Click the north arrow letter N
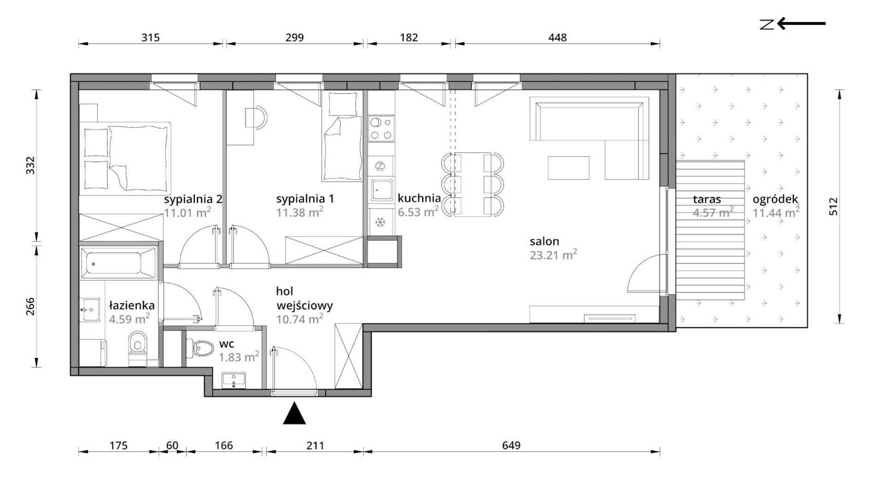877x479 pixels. (x=767, y=24)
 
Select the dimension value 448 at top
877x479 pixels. (x=557, y=37)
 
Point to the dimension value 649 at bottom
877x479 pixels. (x=511, y=445)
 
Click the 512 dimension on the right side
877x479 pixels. (x=834, y=207)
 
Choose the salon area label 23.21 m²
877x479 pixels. (x=553, y=254)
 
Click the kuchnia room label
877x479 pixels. (x=419, y=198)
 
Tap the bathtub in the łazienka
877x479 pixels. (x=118, y=263)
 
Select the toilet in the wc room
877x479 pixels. (x=199, y=349)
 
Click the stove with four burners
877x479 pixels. (x=381, y=129)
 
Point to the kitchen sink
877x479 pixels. (x=381, y=190)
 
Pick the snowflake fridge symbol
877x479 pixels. (x=380, y=223)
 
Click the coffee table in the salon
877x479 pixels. (x=569, y=168)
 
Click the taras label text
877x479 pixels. (x=707, y=200)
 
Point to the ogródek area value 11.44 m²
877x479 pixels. (x=776, y=213)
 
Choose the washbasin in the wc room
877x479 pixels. (x=234, y=381)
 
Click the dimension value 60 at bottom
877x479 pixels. (x=172, y=445)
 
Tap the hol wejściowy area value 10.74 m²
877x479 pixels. (x=300, y=319)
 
